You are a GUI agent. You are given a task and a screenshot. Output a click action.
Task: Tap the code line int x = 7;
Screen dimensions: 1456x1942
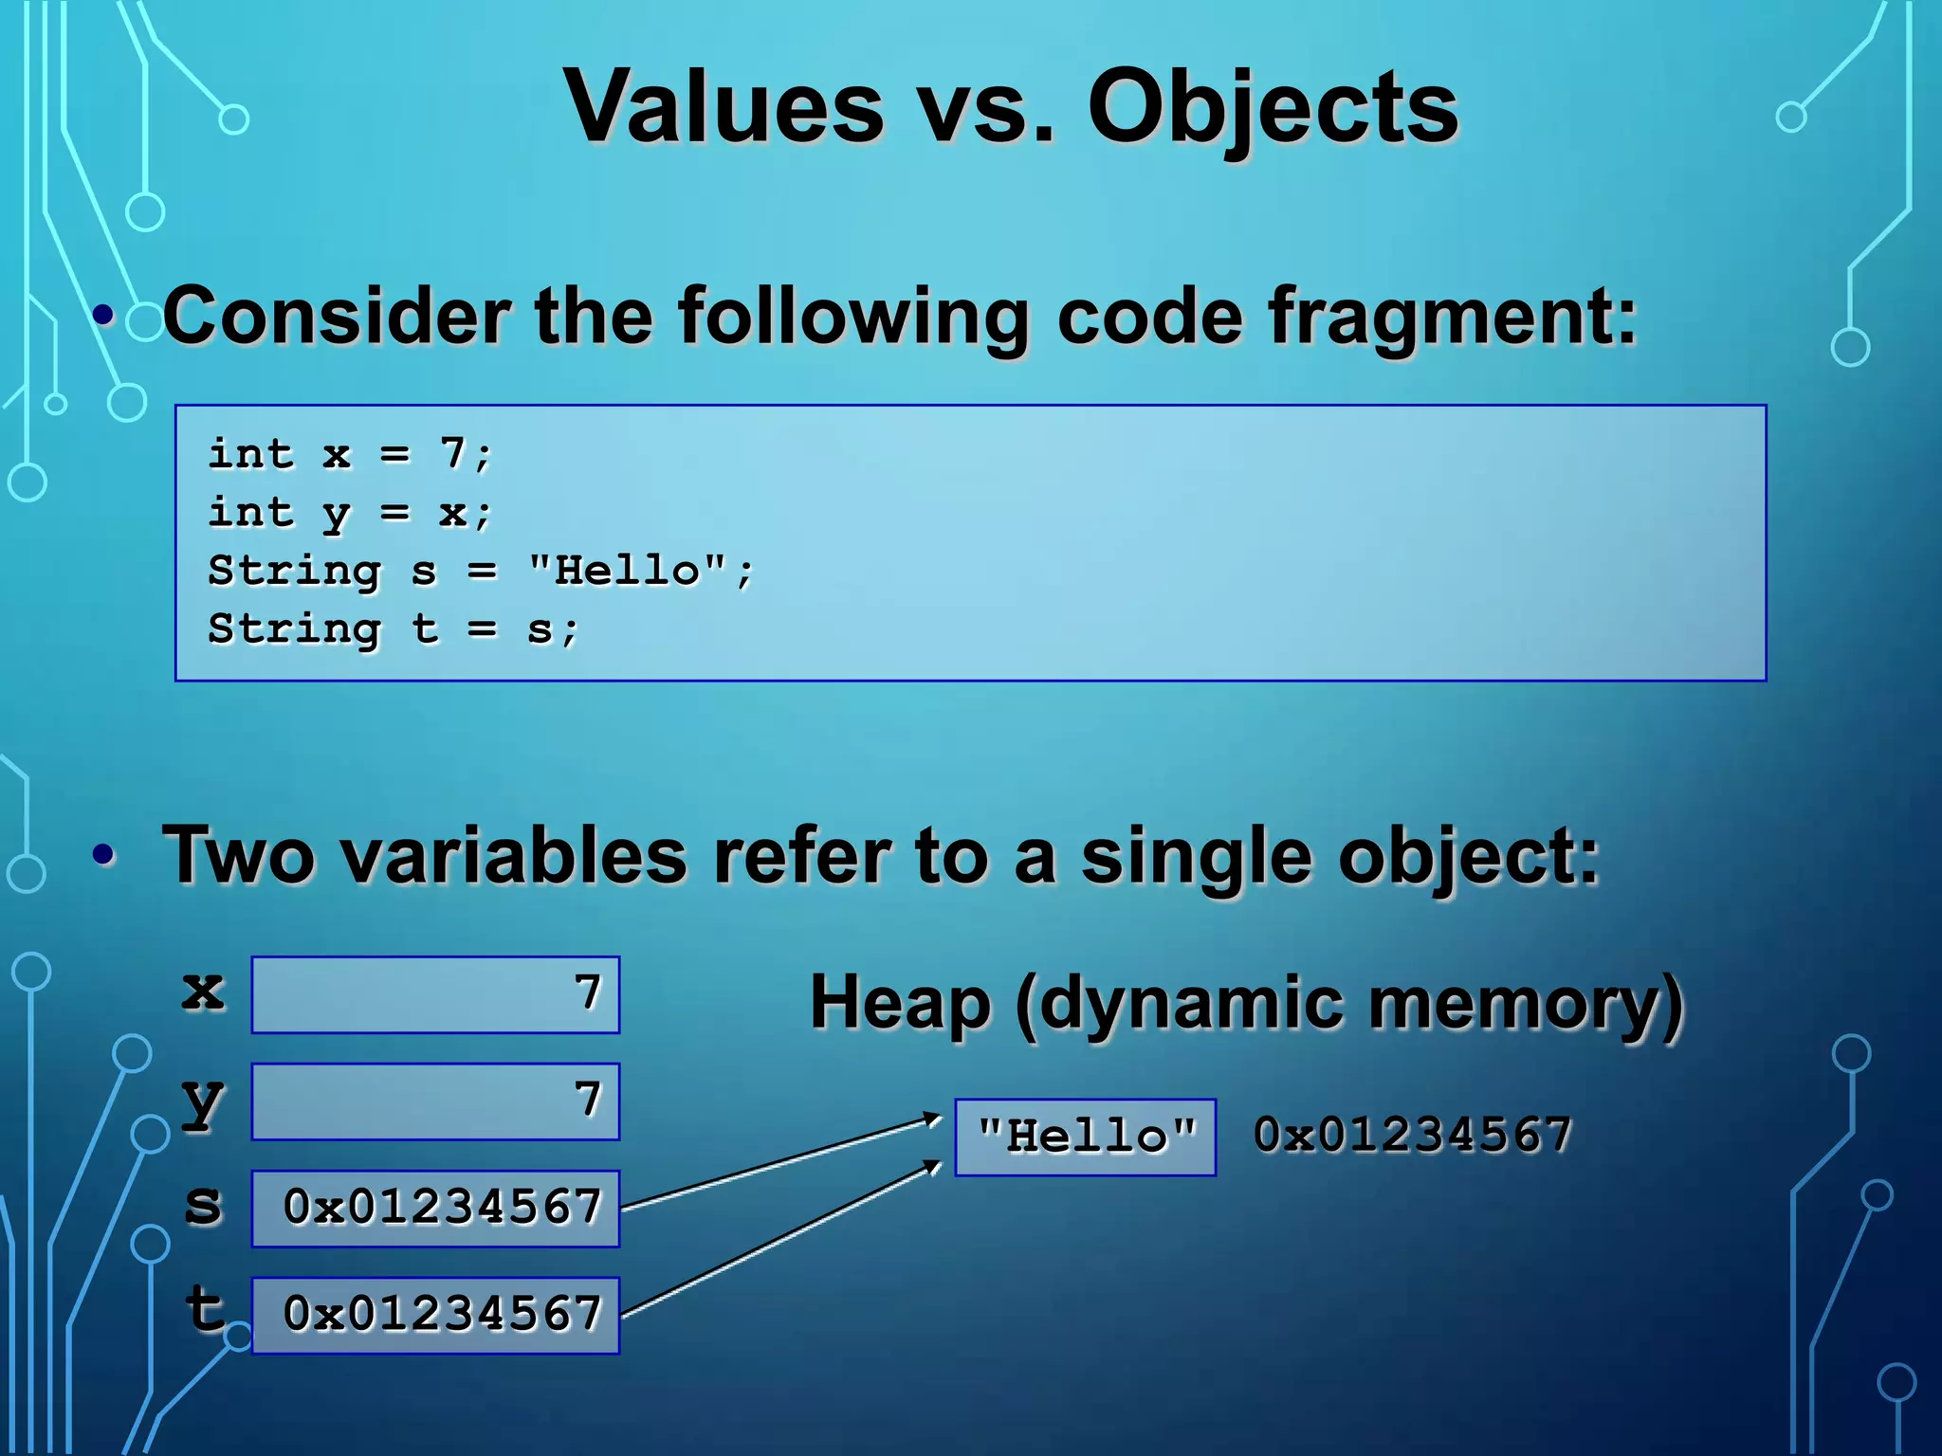pyautogui.click(x=350, y=453)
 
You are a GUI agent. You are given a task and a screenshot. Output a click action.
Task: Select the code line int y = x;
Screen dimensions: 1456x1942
pyautogui.click(x=350, y=512)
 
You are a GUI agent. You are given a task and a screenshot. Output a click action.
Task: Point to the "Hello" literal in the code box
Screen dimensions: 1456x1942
pyautogui.click(x=627, y=571)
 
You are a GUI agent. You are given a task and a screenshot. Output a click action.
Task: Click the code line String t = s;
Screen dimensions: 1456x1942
pyautogui.click(x=392, y=628)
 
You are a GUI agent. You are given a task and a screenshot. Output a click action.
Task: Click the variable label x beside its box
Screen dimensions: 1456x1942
pyautogui.click(x=203, y=992)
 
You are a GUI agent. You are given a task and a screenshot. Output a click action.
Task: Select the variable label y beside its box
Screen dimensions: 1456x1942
pyautogui.click(x=203, y=1101)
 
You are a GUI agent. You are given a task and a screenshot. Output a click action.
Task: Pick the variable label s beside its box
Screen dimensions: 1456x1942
pyautogui.click(x=203, y=1206)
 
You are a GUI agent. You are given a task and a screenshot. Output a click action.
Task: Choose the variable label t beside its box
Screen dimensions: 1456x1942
pyautogui.click(x=205, y=1310)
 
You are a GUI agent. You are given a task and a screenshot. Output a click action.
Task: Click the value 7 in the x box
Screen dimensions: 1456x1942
pyautogui.click(x=588, y=993)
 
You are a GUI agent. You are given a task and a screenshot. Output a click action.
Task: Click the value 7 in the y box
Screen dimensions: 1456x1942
pyautogui.click(x=588, y=1100)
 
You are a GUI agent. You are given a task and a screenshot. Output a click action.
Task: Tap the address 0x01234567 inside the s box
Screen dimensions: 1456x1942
pyautogui.click(x=442, y=1208)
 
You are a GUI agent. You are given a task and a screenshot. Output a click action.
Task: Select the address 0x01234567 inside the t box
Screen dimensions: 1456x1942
pyautogui.click(x=442, y=1314)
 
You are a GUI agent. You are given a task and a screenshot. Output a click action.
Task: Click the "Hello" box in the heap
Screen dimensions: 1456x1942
pyautogui.click(x=1086, y=1136)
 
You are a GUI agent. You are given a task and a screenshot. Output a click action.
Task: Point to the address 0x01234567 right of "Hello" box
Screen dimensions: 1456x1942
pyautogui.click(x=1412, y=1135)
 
